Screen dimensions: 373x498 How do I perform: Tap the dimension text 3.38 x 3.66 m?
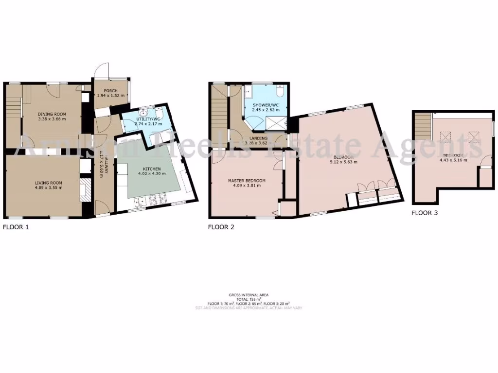(52, 119)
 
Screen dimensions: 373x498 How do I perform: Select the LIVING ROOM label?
(49, 183)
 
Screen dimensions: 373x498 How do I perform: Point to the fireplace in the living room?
(85, 189)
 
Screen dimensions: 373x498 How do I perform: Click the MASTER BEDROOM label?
(247, 181)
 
